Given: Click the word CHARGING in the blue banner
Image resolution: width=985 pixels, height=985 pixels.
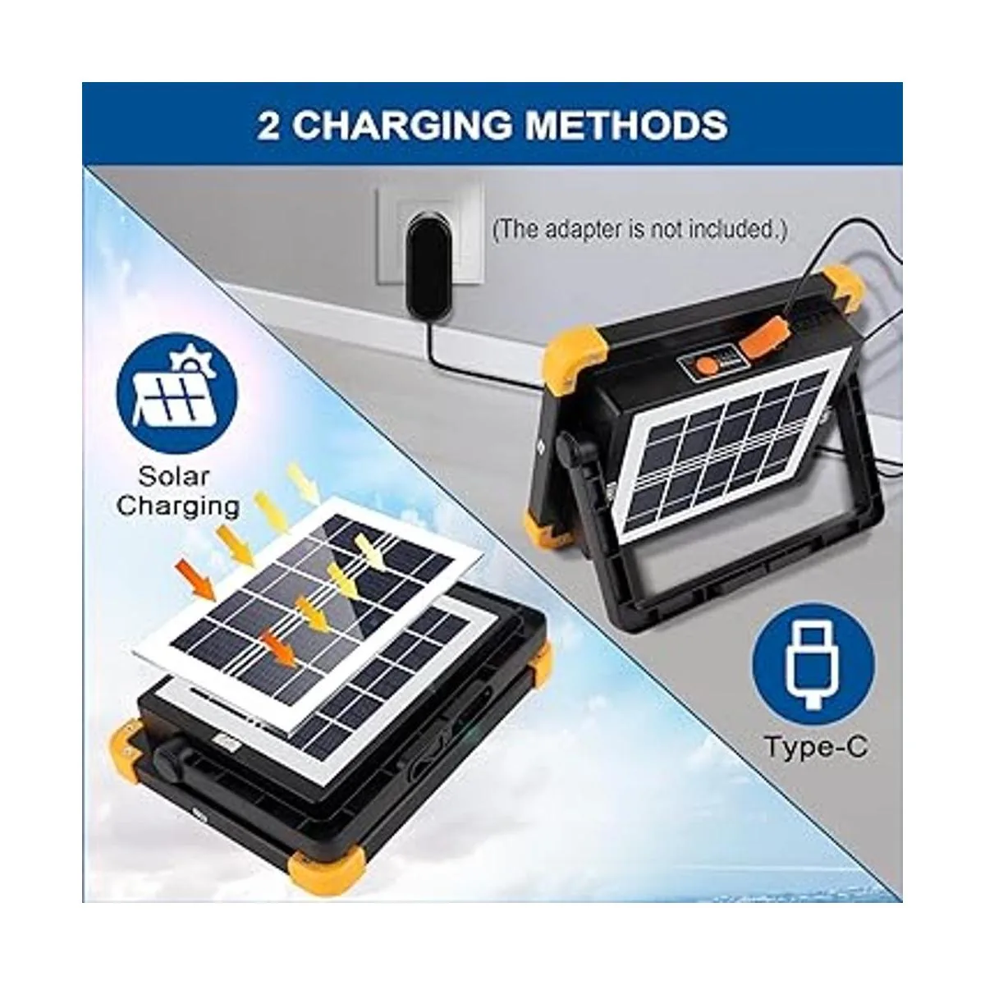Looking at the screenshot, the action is pos(402,126).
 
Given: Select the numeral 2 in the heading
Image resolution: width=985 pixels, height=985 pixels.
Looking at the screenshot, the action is pos(268,126).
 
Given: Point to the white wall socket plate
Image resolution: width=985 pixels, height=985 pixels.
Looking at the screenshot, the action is pos(429,232).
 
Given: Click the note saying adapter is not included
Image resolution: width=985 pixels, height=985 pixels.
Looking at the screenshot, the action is pos(639,230).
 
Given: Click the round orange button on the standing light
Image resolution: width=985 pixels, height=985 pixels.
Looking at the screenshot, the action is pos(708,366).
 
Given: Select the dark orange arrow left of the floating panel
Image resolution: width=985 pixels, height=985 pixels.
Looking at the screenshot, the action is pos(196,577).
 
